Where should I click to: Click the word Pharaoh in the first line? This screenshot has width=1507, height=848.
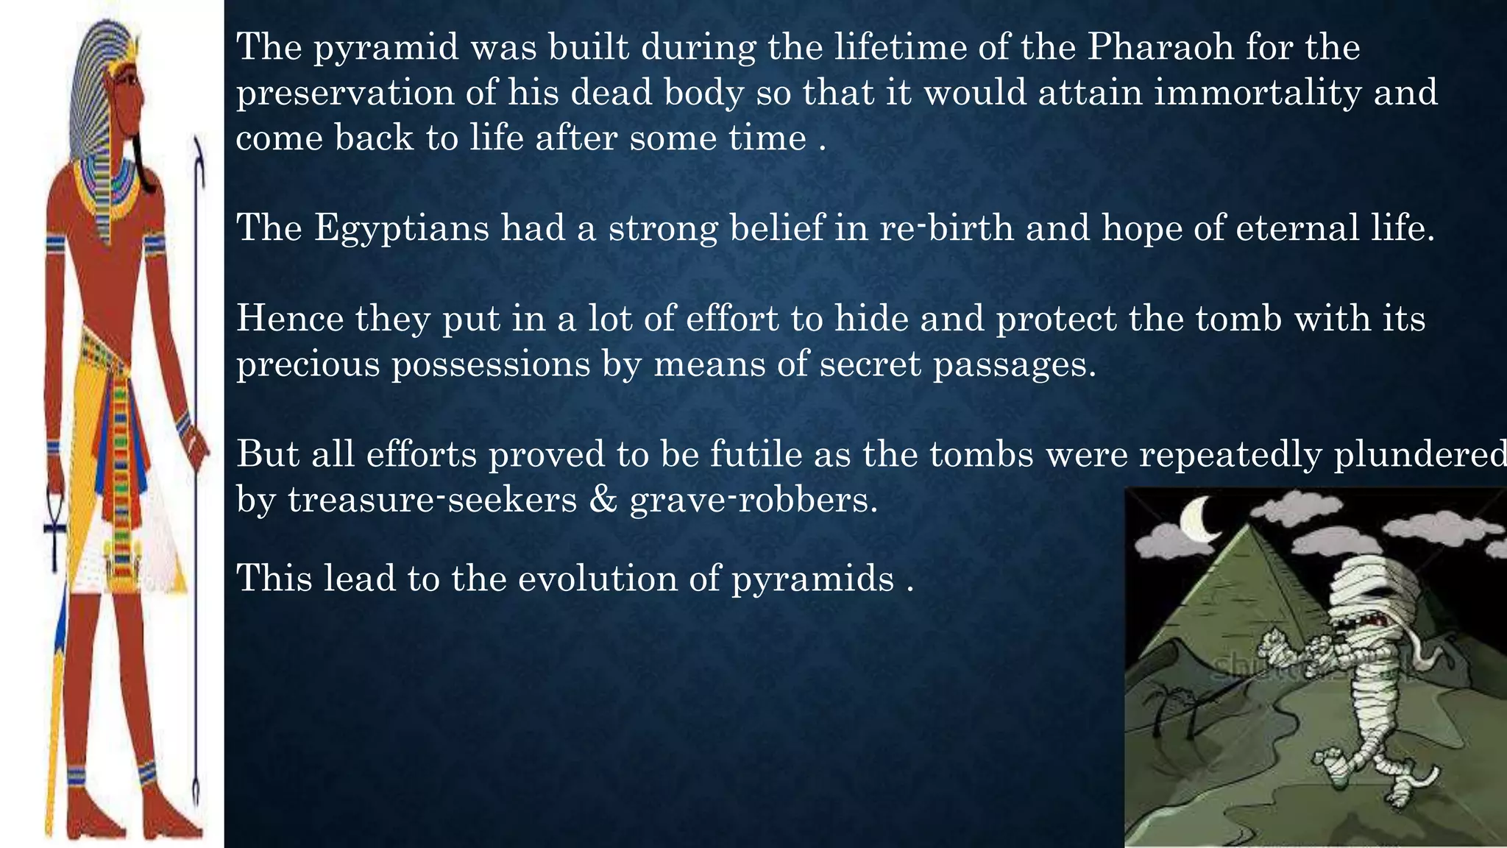pyautogui.click(x=1160, y=47)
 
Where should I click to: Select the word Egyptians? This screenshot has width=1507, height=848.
pyautogui.click(x=402, y=227)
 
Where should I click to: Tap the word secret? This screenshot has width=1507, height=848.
pyautogui.click(x=870, y=364)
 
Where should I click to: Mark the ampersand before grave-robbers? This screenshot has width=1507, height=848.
pyautogui.click(x=603, y=500)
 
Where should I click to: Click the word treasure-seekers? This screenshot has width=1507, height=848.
pyautogui.click(x=433, y=500)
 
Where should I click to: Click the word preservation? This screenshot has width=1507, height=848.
pyautogui.click(x=345, y=93)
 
